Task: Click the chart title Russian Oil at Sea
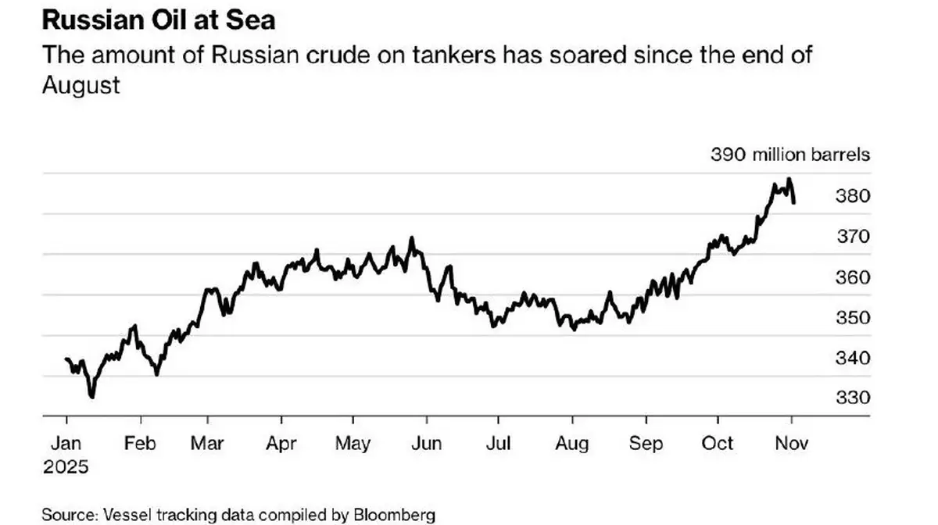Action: [x=158, y=20]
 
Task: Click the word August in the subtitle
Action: [x=81, y=84]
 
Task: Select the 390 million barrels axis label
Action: [x=789, y=155]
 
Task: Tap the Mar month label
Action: [x=207, y=443]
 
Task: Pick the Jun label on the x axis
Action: [x=426, y=443]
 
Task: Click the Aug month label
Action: [x=571, y=443]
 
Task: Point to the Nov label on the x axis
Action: [x=791, y=443]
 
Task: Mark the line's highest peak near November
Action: [x=789, y=179]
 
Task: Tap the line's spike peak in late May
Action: [x=412, y=237]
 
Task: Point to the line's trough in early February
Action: [x=157, y=374]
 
